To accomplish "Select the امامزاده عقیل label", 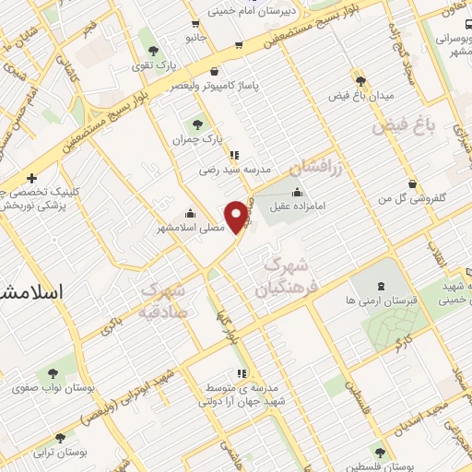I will click(x=299, y=207).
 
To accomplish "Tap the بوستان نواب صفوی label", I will click(x=47, y=388).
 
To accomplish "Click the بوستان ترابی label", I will click(x=60, y=454).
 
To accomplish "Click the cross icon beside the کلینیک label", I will click(x=32, y=177).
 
